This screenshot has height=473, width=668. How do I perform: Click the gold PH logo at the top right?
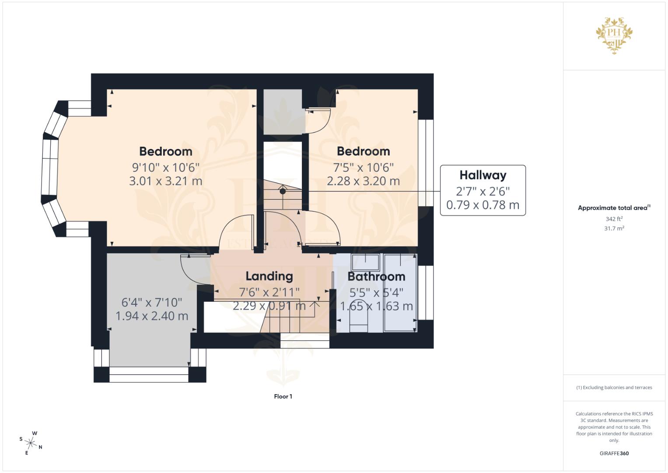614,35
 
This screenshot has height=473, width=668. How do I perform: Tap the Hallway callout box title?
483,175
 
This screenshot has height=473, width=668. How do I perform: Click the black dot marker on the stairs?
283,191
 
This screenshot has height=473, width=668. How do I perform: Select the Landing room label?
269,276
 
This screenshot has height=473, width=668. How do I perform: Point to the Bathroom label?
376,276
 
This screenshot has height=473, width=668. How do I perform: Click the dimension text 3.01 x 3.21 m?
165,181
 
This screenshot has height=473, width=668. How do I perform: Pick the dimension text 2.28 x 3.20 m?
363,181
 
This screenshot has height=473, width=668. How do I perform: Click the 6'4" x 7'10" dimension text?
151,303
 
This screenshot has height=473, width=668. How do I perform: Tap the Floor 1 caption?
283,396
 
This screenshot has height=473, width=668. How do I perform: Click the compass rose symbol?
31,443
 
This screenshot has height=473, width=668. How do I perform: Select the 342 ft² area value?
614,219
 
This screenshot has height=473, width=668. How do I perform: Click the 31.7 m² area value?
614,229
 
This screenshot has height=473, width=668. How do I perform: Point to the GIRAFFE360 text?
614,453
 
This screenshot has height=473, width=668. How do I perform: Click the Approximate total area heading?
614,208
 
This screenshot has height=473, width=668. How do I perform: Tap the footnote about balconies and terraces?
614,388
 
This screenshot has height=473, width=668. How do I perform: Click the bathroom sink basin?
366,262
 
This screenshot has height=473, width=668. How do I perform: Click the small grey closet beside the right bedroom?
283,112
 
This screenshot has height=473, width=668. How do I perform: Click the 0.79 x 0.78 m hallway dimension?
483,205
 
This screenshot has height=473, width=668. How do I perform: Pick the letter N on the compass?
41,447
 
